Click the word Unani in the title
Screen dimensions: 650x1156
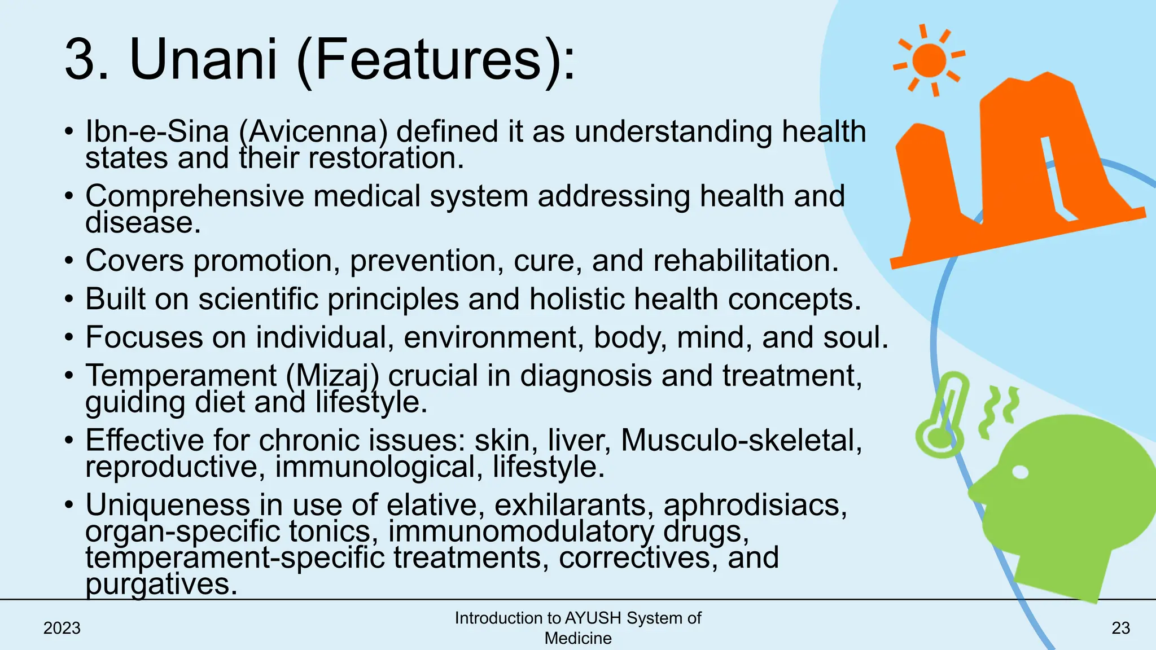tap(204, 60)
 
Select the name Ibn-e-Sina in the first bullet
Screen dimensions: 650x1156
tap(157, 132)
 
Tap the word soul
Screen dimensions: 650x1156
tap(855, 337)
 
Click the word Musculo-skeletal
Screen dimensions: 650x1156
tap(741, 440)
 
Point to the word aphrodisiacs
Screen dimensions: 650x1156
tap(755, 504)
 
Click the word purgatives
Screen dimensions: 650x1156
tap(161, 585)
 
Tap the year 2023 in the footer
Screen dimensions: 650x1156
tap(62, 628)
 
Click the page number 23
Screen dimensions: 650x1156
tap(1120, 628)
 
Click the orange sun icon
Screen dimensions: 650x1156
tap(929, 60)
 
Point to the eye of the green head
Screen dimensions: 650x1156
tap(1020, 472)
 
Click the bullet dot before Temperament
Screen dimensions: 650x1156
tap(69, 376)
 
